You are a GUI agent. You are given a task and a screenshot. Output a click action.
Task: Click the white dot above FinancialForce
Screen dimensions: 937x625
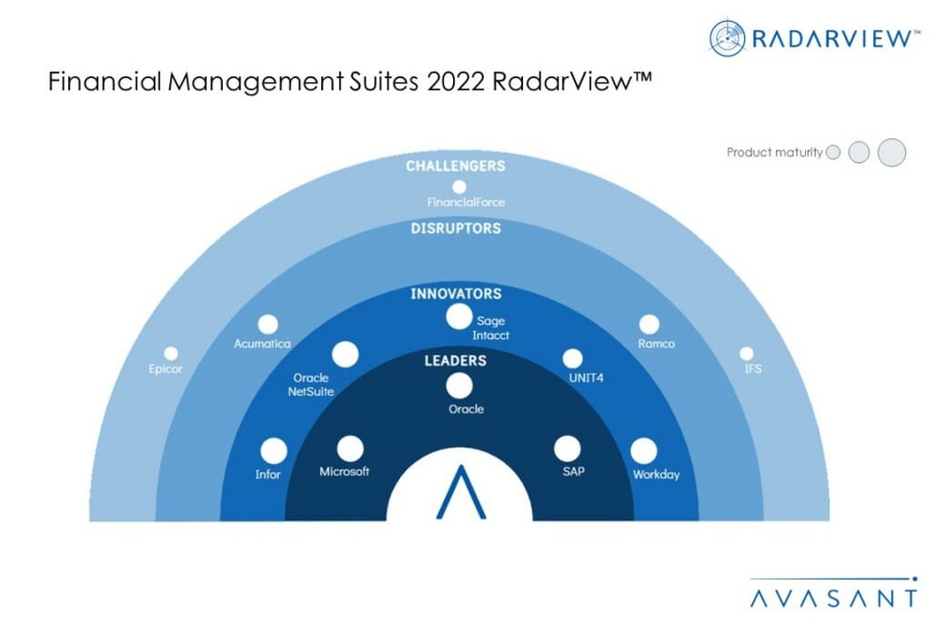[x=458, y=187]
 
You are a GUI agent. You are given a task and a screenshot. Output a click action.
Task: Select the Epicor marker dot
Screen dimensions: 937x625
[x=171, y=353]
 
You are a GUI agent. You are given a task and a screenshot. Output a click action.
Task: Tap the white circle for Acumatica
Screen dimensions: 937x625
[x=267, y=325]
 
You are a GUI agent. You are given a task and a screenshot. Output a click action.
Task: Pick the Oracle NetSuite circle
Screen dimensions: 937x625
[x=346, y=354]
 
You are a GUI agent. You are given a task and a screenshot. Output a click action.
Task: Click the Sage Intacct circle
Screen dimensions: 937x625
[x=458, y=317]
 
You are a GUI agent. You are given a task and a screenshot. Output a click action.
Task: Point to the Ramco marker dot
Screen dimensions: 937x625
[x=649, y=325]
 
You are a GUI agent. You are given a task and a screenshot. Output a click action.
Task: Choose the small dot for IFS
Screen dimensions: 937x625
[x=746, y=353]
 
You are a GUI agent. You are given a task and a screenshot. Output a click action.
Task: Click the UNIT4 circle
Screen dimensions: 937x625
[x=572, y=358]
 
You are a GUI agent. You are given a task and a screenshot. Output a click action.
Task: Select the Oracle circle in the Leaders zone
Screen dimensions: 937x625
[x=458, y=386]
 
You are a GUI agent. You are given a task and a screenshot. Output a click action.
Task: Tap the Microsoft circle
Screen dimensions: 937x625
[x=350, y=449]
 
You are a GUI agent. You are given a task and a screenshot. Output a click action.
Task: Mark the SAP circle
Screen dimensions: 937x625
[x=567, y=449]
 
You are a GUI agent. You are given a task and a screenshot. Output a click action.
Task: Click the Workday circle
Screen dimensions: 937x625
[x=643, y=451]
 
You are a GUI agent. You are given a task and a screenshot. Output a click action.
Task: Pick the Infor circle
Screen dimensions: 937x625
[x=274, y=451]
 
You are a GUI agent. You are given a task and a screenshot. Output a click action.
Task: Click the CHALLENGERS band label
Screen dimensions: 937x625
[x=456, y=166]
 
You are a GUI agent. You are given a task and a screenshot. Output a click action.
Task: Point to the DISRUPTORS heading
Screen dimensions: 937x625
[x=456, y=228]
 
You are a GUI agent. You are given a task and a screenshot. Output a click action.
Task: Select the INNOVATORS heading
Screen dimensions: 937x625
[x=456, y=294]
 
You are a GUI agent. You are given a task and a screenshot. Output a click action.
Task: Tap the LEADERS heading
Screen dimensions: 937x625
[x=456, y=361]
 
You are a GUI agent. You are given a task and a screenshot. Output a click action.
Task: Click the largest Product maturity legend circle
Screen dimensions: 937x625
[x=892, y=152]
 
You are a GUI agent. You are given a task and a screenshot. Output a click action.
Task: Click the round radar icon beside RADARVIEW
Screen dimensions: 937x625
[x=727, y=38]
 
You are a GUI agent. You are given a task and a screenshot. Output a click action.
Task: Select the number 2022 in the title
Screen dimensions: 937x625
[x=456, y=82]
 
